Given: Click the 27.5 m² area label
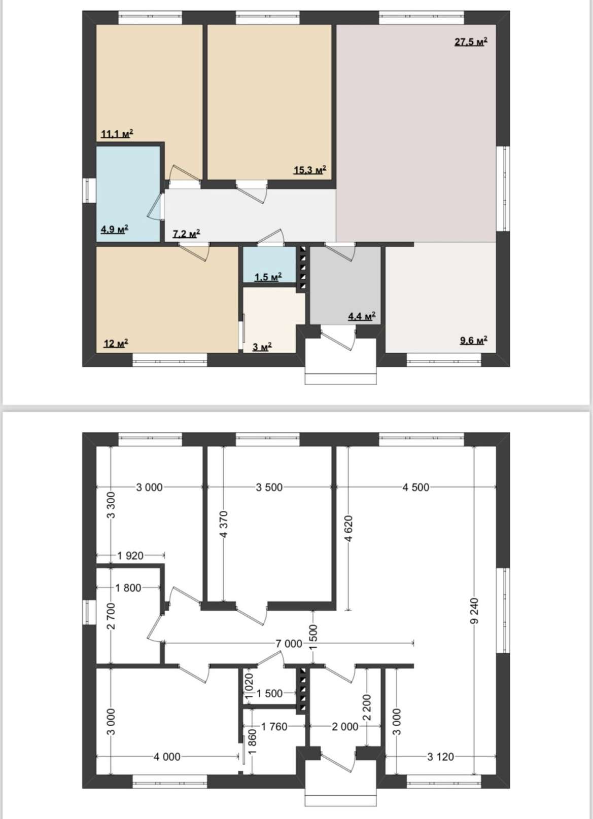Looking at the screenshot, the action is click(x=471, y=42).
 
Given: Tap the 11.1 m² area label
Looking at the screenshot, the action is click(x=117, y=134).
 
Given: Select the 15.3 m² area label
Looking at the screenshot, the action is click(x=309, y=170).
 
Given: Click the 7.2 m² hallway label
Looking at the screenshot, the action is click(x=186, y=233).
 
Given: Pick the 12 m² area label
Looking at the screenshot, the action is click(x=116, y=343).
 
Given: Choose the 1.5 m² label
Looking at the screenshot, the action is click(x=268, y=277).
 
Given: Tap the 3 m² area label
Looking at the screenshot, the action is click(x=262, y=347).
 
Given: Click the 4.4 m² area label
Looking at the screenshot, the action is click(x=362, y=316).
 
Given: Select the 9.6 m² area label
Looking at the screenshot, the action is click(x=474, y=341).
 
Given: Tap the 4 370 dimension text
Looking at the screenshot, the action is click(x=224, y=524).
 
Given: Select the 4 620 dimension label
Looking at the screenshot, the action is click(x=348, y=529).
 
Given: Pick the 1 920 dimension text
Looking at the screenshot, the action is click(x=130, y=556).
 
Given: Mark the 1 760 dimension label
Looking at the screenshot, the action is click(x=274, y=726).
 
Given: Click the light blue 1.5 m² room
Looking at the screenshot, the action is click(x=269, y=264).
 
